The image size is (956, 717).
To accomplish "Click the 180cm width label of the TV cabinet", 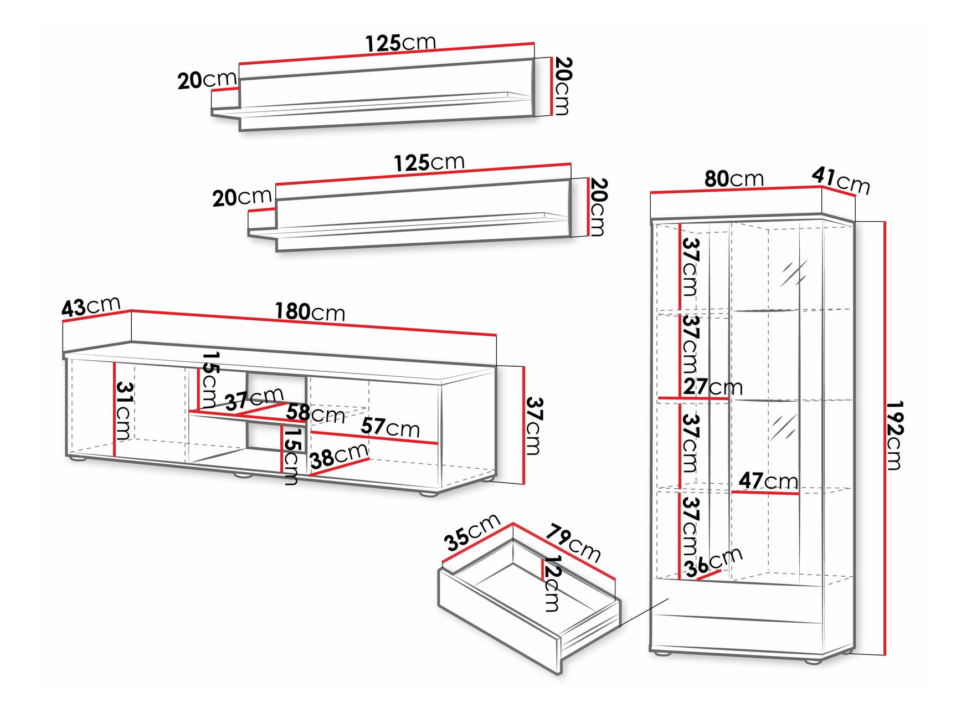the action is pos(310,313).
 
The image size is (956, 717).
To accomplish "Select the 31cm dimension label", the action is pos(124,411).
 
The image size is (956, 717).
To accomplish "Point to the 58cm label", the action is pos(315,413).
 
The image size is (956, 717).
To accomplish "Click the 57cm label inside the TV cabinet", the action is pos(390,427).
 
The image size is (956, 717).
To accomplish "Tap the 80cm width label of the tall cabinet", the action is pos(734,178).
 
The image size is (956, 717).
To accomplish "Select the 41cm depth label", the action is pos(841,181).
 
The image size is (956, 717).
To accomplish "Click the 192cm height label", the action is pos(894,436).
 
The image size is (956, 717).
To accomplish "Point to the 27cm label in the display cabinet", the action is pos(713,386).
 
